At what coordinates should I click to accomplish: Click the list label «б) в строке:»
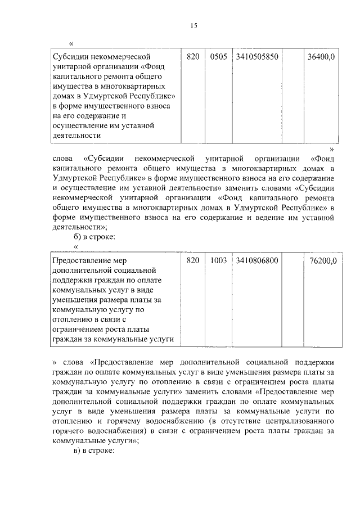click(94, 237)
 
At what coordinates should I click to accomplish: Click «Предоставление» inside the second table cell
click(81, 260)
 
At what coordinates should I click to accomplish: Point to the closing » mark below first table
click(332, 149)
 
